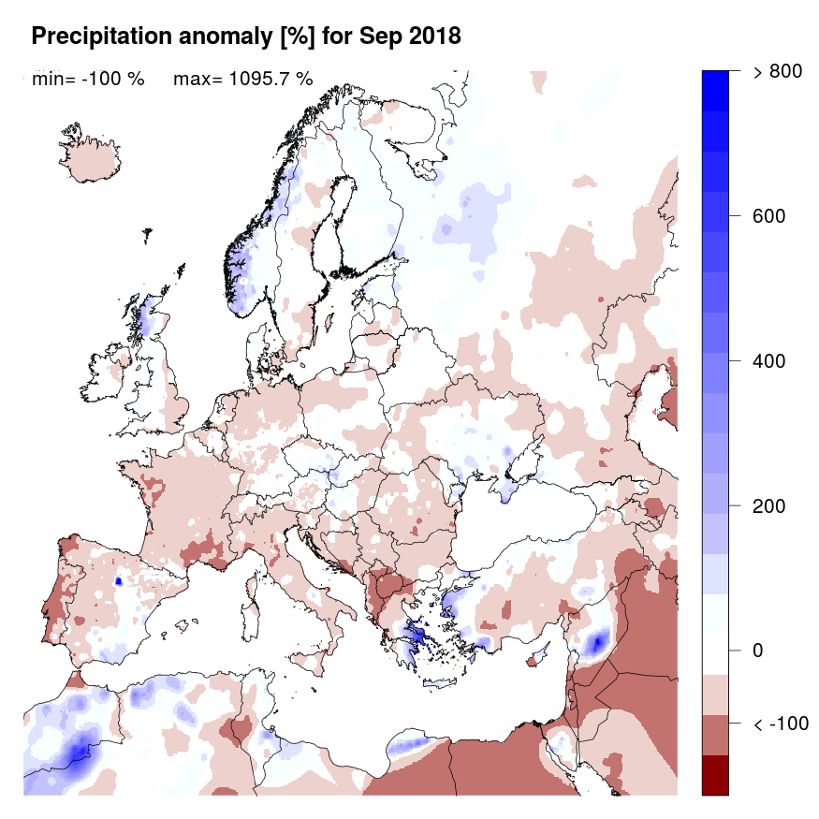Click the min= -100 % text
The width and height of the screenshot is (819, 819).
pos(88,79)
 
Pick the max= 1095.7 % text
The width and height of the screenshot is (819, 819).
pos(242,79)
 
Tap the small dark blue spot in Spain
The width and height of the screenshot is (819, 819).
pos(119,580)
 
